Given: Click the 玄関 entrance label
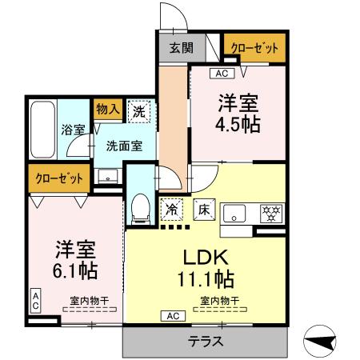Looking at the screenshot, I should click(181, 47).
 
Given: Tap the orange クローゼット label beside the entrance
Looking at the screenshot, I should click(254, 48).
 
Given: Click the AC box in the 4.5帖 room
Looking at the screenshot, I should click(221, 74).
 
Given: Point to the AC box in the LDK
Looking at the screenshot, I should click(173, 315).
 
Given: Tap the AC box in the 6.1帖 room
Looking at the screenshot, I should click(36, 300).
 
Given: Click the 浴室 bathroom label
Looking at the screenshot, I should click(70, 130).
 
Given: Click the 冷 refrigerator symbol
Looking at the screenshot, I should click(172, 210).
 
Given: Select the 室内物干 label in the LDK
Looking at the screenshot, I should click(218, 300).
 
